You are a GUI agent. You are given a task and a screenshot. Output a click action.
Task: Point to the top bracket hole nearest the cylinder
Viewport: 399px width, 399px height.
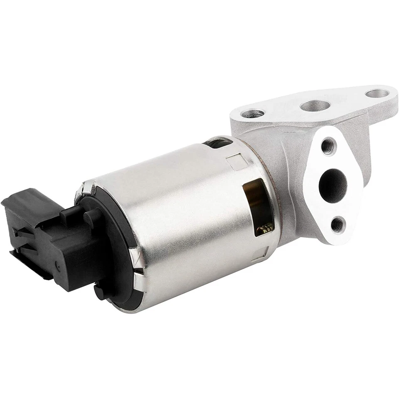(255, 112)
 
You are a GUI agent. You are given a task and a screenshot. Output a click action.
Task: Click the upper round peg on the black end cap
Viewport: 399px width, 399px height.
(90, 216)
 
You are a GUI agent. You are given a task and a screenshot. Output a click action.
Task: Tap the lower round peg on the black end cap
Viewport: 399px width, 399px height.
(99, 291)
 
